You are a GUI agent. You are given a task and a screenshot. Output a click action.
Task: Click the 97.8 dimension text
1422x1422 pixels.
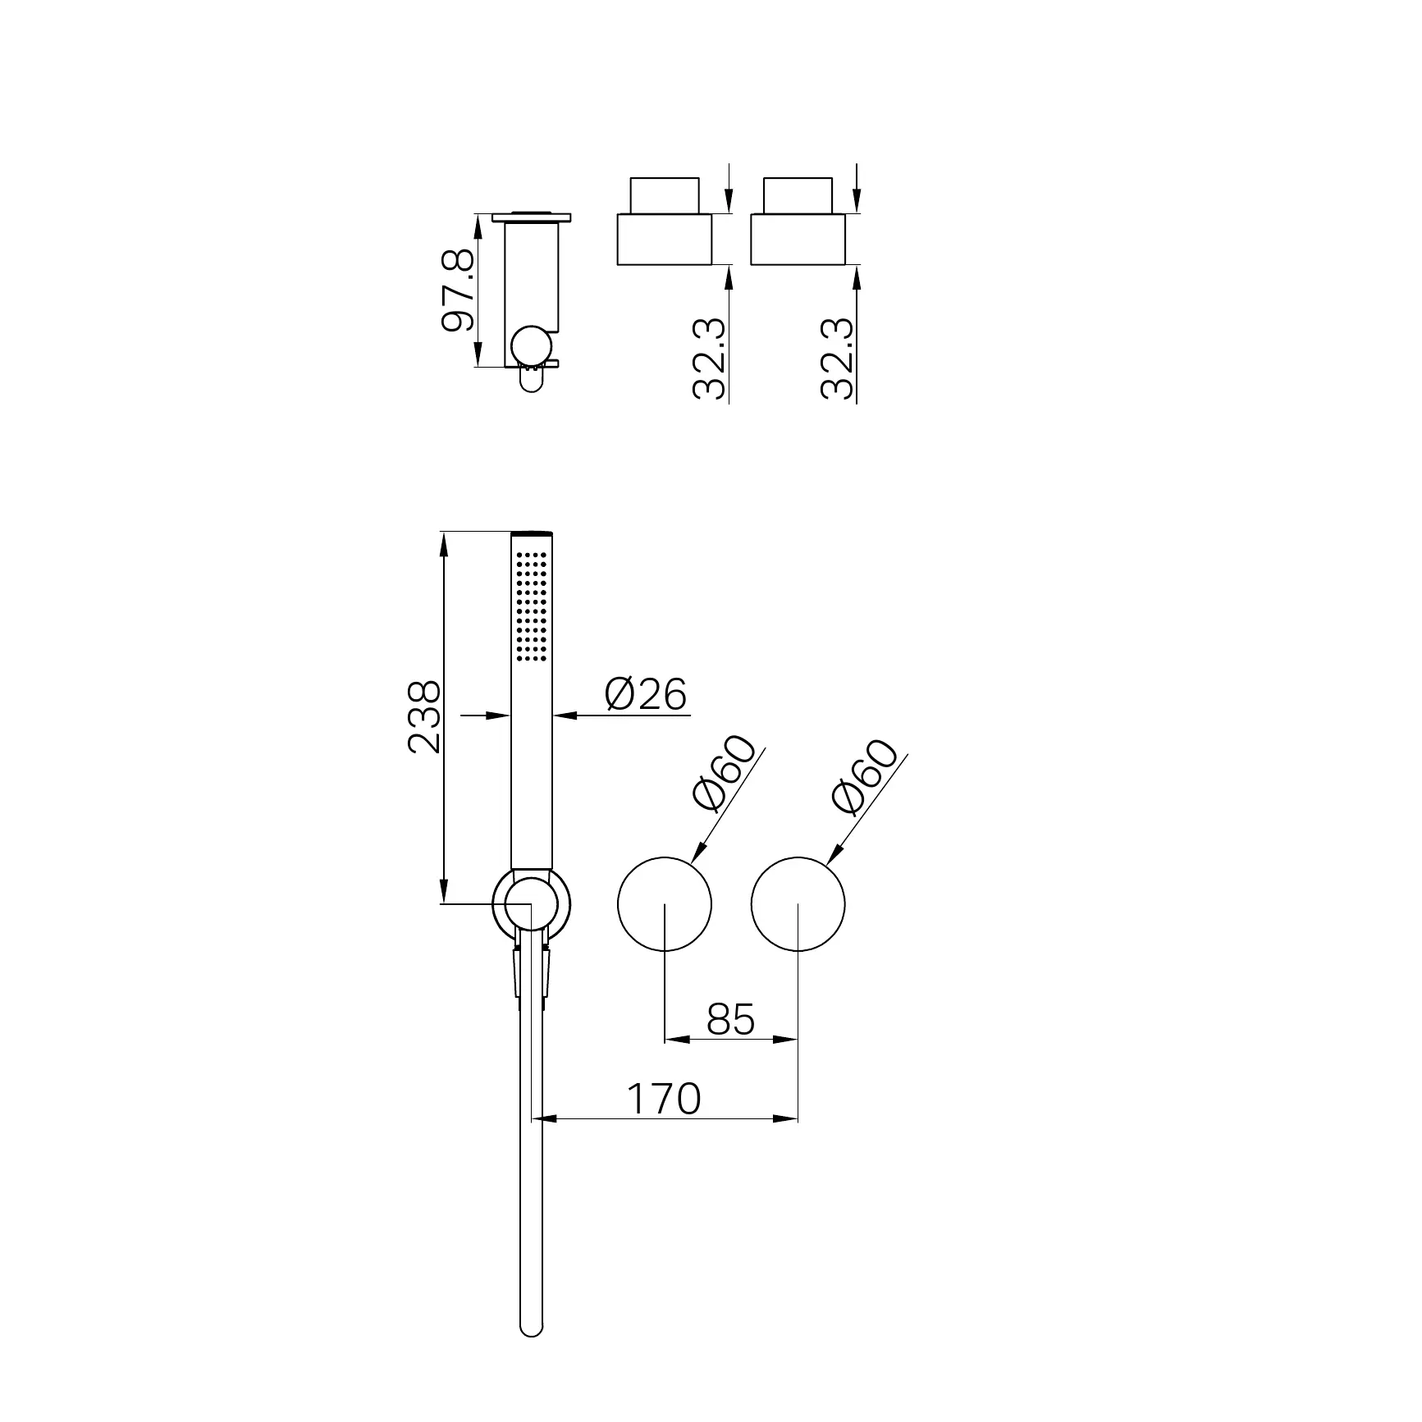[x=458, y=290]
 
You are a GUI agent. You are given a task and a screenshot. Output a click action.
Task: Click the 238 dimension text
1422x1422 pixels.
[x=425, y=716]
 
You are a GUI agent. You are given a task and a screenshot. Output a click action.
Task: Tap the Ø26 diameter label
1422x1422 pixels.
[x=645, y=695]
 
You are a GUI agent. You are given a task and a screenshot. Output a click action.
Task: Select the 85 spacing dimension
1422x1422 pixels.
[x=729, y=1019]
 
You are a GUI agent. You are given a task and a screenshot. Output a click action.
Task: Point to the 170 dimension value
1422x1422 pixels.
[x=664, y=1098]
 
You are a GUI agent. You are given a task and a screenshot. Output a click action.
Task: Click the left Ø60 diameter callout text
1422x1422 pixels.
[x=724, y=773]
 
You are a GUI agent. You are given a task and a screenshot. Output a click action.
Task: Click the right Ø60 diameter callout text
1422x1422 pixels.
[x=864, y=776]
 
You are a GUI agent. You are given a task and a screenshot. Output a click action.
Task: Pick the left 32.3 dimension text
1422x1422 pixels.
[x=709, y=359]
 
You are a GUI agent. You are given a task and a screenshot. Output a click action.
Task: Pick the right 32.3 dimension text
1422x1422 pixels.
[x=838, y=359]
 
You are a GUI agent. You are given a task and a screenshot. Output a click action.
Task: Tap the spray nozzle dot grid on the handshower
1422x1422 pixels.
[x=532, y=605]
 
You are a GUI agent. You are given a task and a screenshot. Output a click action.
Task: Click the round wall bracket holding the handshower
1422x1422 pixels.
[x=532, y=904]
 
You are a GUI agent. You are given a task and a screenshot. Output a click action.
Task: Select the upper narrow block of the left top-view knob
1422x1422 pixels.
[x=664, y=195]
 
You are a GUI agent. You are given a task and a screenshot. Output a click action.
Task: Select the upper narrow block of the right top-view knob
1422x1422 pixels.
[x=798, y=195]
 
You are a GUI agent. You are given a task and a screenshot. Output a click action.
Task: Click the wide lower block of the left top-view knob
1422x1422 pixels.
[x=664, y=240]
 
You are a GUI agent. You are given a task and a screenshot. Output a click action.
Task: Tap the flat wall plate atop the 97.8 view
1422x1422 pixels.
[x=532, y=217]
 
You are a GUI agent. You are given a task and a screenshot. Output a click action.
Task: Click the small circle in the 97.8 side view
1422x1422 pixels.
[x=530, y=345]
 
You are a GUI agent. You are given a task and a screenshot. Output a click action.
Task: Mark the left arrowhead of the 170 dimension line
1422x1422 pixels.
[x=542, y=1118]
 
